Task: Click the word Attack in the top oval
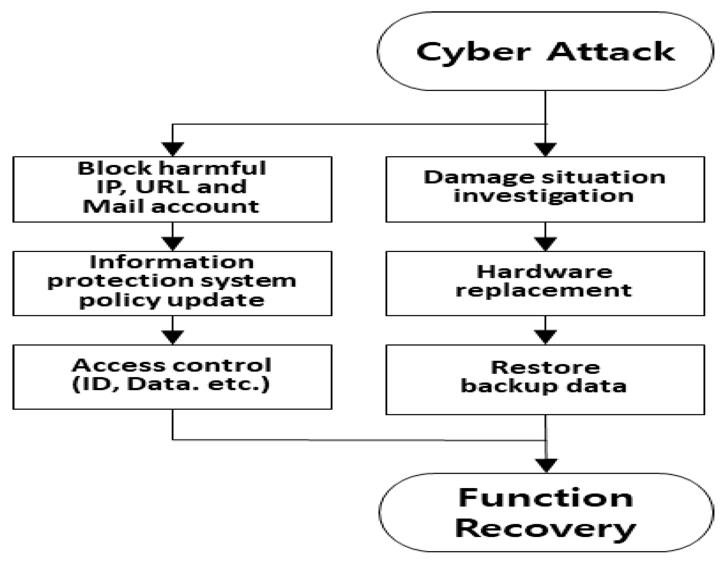(611, 52)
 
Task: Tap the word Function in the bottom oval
(546, 498)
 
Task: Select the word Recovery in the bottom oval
(546, 528)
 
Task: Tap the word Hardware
(544, 272)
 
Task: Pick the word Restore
(545, 367)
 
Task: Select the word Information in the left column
(172, 262)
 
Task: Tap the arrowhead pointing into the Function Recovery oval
(546, 465)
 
